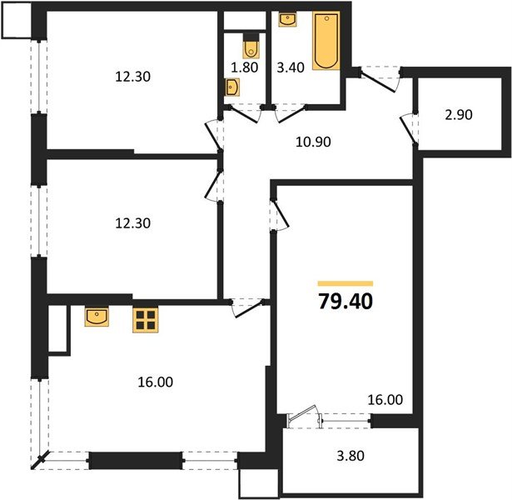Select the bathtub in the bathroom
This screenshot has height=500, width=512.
point(326,41)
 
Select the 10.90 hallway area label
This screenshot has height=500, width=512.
point(314,142)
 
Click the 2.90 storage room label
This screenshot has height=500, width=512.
point(458,115)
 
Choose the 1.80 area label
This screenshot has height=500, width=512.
point(241,71)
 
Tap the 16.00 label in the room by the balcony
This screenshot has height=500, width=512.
point(385,401)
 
